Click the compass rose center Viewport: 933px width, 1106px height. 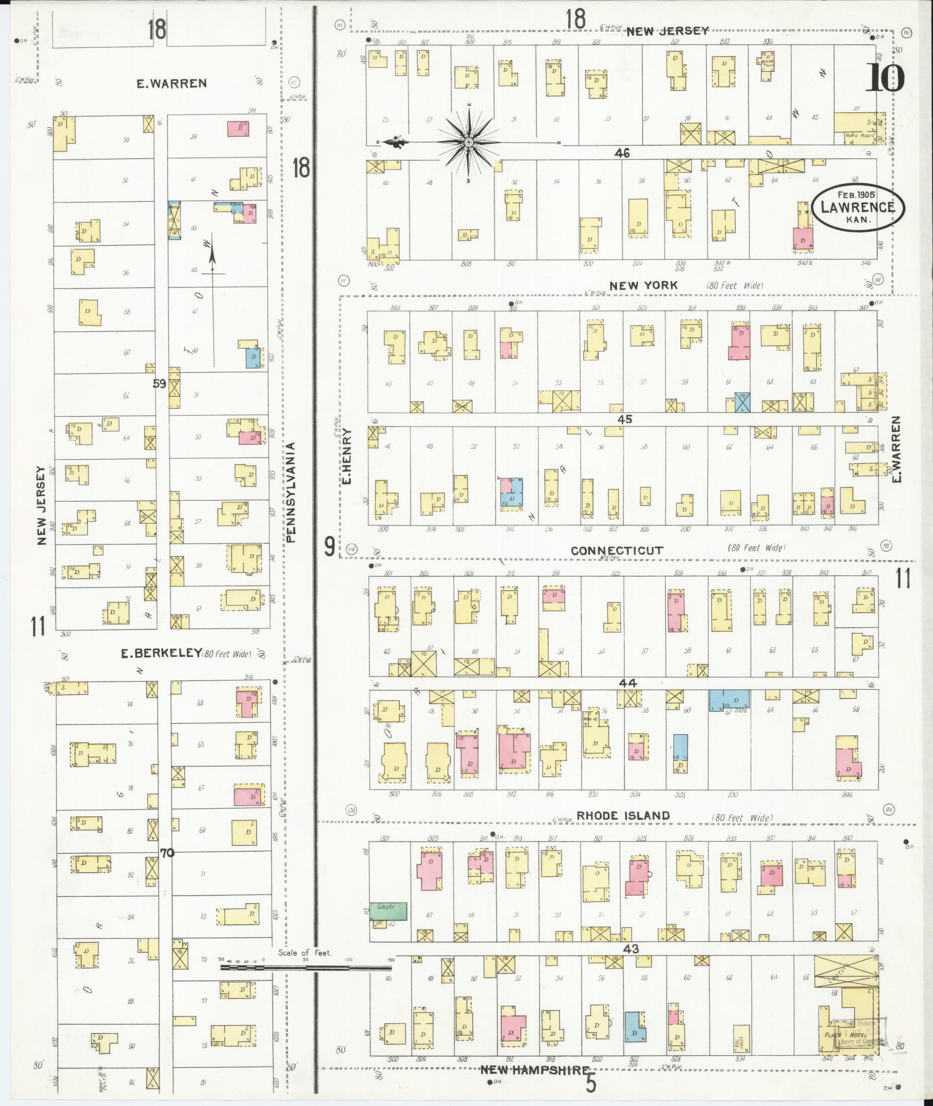(x=469, y=142)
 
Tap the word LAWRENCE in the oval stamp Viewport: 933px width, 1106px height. (x=858, y=208)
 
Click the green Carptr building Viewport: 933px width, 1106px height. (x=388, y=911)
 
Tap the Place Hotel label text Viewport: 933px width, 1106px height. (x=842, y=1034)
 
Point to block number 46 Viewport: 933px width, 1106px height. (x=622, y=153)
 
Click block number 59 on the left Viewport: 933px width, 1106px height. (x=160, y=383)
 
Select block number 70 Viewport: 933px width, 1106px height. (x=167, y=852)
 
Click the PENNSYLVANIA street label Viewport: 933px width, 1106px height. (x=291, y=493)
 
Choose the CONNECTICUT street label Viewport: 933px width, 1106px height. (x=617, y=550)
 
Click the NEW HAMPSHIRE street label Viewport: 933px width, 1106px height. (x=535, y=1071)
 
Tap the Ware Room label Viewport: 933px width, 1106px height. (x=858, y=135)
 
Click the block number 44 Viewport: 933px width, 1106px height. (x=628, y=683)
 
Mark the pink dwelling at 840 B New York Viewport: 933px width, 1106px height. (x=803, y=239)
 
